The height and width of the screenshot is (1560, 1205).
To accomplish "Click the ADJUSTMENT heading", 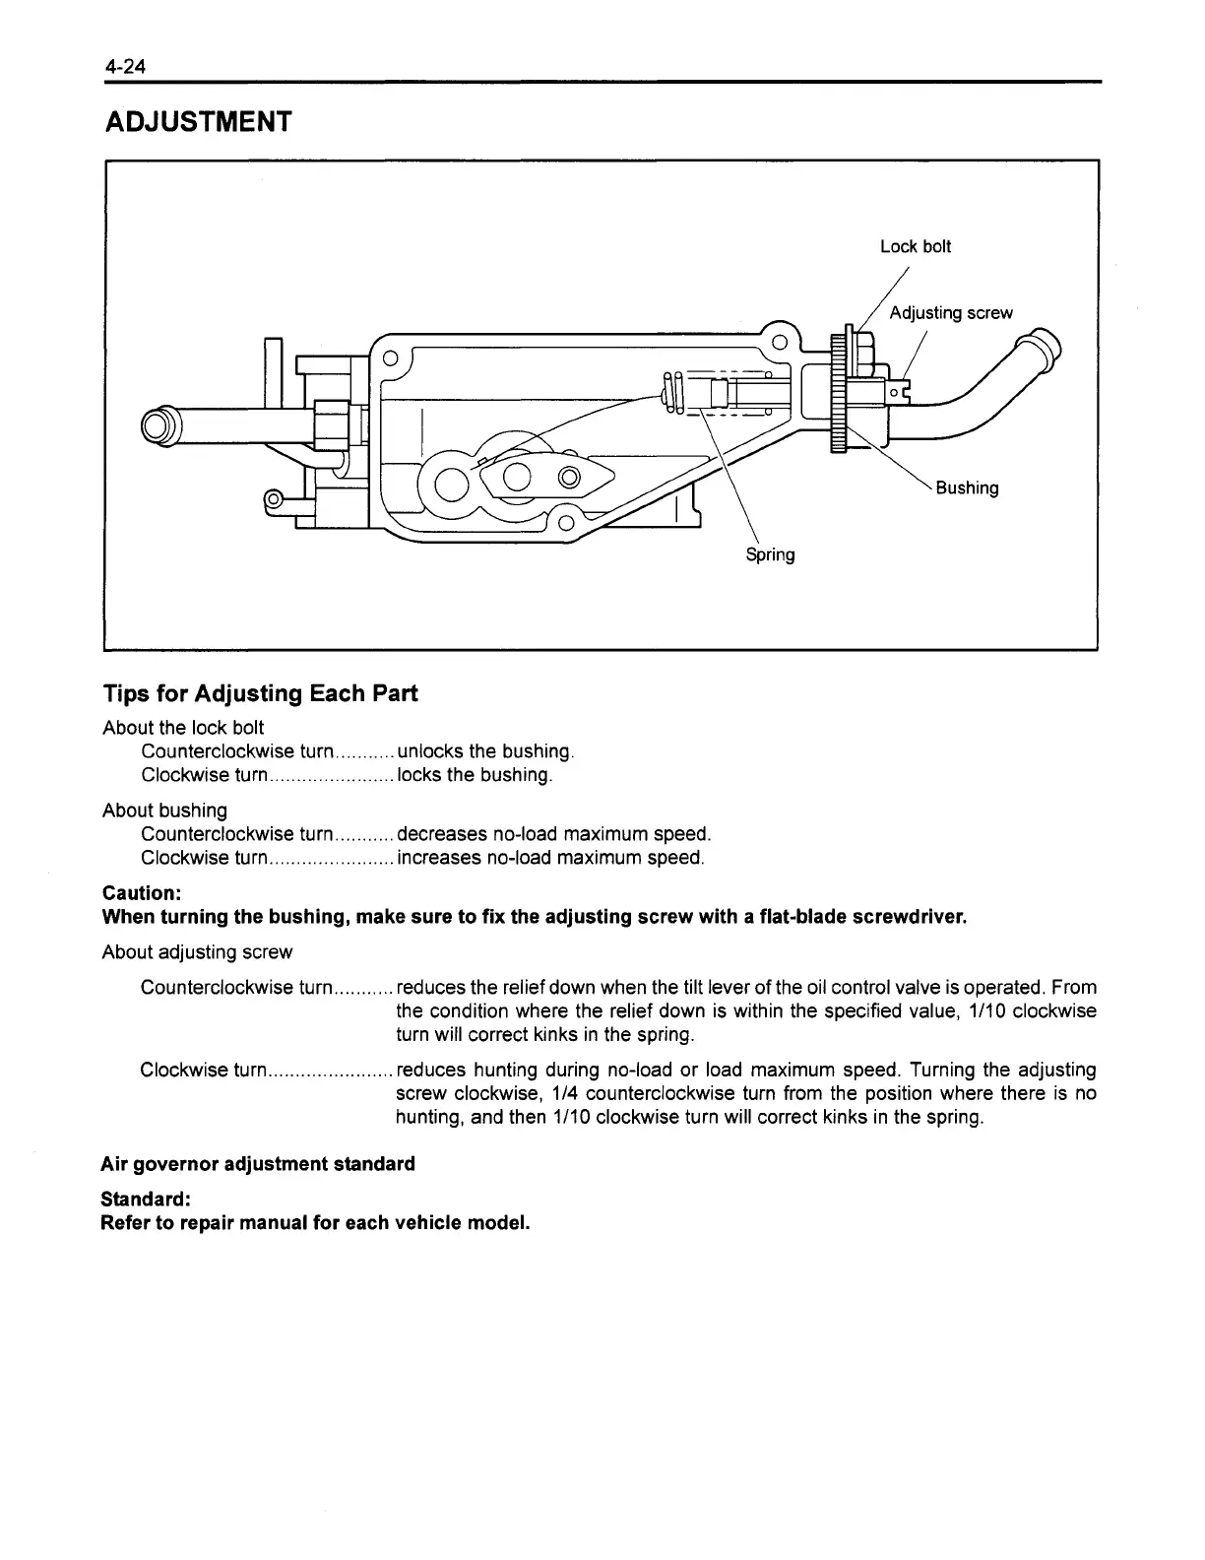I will coord(198,122).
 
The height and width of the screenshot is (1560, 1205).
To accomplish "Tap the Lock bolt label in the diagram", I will coord(916,246).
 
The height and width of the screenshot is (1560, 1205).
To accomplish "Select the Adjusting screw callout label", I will coord(950,313).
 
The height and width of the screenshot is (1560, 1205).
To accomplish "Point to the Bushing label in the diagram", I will coord(967,487).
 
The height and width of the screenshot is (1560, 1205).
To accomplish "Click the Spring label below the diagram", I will coord(770,554).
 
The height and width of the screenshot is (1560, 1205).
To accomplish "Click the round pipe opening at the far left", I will coord(159,425).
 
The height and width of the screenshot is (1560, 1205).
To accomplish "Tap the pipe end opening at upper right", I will coord(1046,346).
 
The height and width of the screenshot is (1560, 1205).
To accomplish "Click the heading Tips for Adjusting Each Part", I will coord(260,693).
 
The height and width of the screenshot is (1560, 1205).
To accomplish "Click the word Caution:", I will coord(142,893).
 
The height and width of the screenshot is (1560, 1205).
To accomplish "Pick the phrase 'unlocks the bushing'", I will coord(483,751).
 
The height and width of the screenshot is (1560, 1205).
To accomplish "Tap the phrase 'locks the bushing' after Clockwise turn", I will coord(473,775).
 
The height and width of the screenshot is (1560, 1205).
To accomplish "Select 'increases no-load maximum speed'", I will coord(549,858).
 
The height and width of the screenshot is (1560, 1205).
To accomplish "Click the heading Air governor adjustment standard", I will coord(258,1164).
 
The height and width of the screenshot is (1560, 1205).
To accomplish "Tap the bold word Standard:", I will coord(145,1200).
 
